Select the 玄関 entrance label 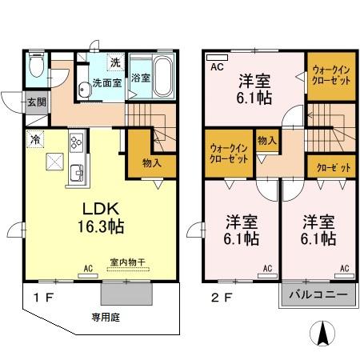[x=36, y=102]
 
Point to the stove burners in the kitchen [x=78, y=143]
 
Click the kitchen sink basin [x=77, y=171]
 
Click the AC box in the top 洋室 [x=216, y=68]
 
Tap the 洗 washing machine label [x=114, y=62]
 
